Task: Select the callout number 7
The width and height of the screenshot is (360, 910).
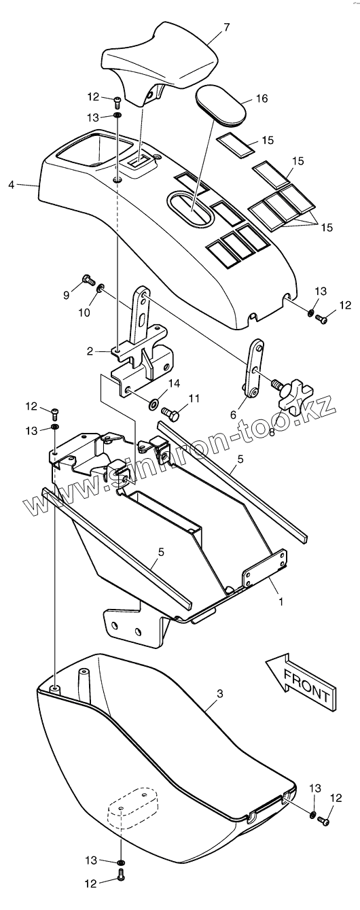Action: point(226,28)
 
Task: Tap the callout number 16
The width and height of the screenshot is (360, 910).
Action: point(262,99)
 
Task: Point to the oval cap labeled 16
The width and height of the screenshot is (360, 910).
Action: point(221,105)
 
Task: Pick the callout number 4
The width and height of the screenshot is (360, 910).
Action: point(12,185)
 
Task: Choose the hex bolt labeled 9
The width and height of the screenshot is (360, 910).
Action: point(88,279)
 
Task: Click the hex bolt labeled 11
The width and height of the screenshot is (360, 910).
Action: point(170,413)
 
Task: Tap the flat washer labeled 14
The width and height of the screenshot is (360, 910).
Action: point(154,404)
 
